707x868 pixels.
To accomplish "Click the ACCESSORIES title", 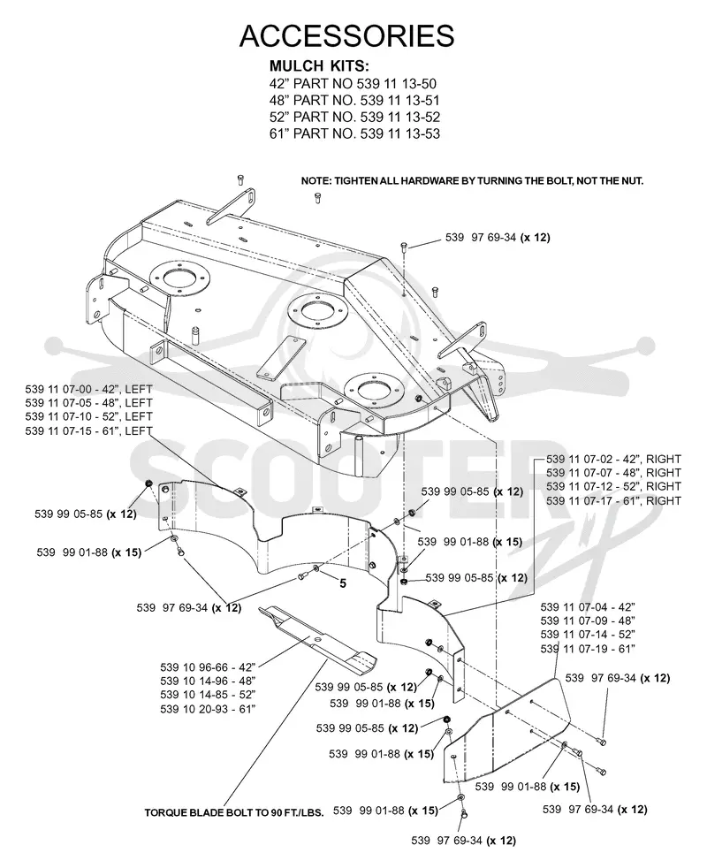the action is point(346,36).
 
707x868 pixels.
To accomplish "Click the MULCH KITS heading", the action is point(319,66).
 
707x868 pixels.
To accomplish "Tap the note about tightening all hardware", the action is point(472,181).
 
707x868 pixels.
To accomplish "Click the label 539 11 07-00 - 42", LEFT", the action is point(88,389).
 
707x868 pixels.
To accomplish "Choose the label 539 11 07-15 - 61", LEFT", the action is point(88,430).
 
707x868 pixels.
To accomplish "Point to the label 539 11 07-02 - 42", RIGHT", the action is point(613,459).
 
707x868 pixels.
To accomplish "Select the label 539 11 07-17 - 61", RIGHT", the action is point(613,500).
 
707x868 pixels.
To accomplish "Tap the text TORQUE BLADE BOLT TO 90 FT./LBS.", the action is point(234,813).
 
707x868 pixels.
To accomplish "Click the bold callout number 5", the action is point(343,583).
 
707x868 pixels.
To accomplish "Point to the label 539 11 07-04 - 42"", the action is point(588,607).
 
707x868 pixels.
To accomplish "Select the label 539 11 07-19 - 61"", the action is point(588,649).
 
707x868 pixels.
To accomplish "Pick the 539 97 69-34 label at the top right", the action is point(498,238).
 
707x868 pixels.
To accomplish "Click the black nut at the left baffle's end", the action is point(148,485).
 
